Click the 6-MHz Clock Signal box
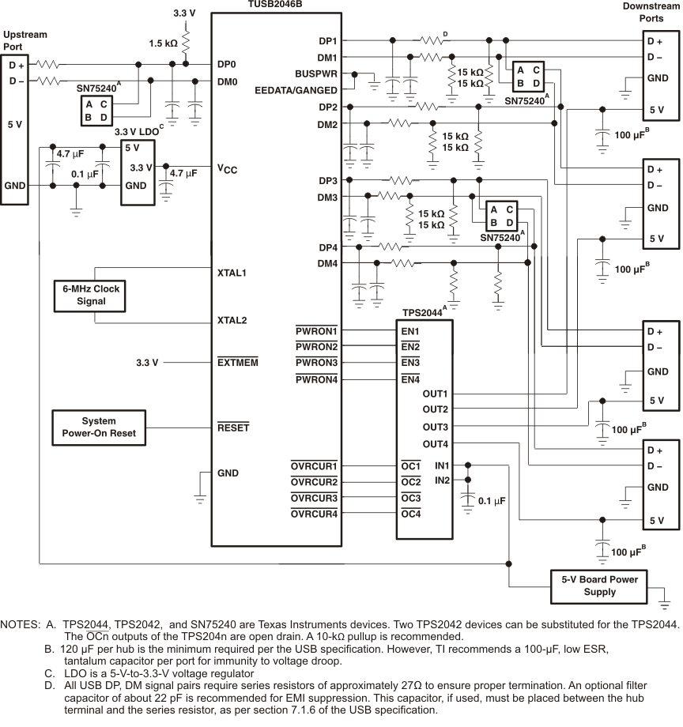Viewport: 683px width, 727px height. coord(92,295)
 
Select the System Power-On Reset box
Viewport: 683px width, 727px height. coord(99,428)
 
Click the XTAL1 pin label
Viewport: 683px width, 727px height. coord(232,273)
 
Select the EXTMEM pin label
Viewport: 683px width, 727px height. coord(237,363)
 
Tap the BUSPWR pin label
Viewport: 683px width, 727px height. coord(317,74)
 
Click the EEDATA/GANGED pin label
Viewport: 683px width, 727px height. coord(296,91)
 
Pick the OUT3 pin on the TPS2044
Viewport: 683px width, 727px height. coord(435,427)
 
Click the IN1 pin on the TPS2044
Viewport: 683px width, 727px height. coord(440,465)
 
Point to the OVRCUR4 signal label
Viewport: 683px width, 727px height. coord(314,514)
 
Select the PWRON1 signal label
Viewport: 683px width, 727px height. coord(315,330)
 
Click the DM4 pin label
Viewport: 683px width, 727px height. coord(327,263)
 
